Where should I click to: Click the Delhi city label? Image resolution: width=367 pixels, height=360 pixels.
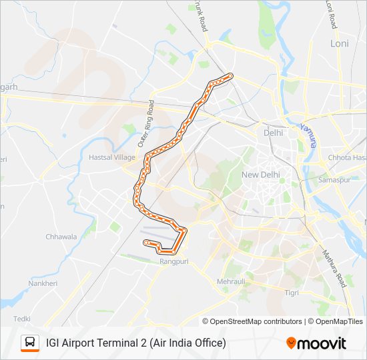click(x=273, y=133)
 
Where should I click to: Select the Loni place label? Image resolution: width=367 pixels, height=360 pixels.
click(x=340, y=43)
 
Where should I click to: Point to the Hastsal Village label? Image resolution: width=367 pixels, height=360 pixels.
click(x=111, y=158)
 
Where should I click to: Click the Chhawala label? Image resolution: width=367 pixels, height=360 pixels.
click(x=61, y=237)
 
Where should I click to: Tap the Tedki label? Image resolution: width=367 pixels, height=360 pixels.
click(x=22, y=319)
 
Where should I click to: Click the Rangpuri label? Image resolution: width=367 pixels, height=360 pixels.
click(x=175, y=262)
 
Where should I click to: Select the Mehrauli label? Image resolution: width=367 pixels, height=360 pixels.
click(x=232, y=282)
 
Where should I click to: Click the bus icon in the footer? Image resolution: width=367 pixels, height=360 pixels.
click(x=30, y=343)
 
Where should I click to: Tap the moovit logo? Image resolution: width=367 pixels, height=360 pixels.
click(x=316, y=343)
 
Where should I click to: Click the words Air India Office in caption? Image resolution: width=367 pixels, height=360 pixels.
click(x=188, y=343)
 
